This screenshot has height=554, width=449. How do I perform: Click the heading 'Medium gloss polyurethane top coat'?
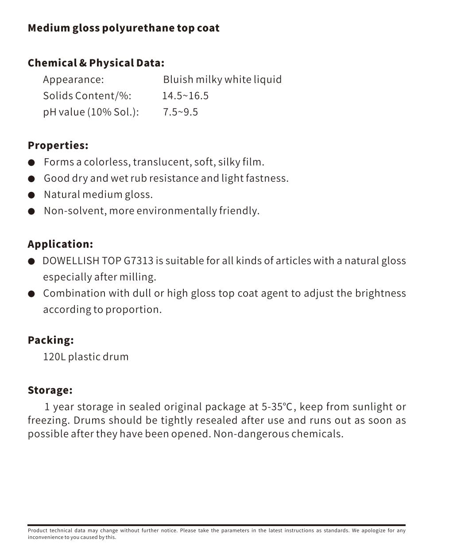click(x=123, y=28)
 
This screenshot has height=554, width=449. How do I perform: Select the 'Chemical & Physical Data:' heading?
click(x=96, y=63)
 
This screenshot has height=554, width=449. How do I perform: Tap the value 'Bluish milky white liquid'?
click(x=222, y=80)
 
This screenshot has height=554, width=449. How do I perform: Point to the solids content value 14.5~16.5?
click(x=185, y=96)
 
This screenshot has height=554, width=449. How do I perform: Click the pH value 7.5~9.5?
click(x=180, y=112)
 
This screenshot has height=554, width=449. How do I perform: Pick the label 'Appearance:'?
click(x=73, y=80)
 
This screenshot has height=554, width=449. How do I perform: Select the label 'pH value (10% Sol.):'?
click(x=91, y=112)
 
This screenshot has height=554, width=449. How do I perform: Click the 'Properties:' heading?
click(x=58, y=145)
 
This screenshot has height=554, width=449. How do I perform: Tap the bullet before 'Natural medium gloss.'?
click(x=31, y=195)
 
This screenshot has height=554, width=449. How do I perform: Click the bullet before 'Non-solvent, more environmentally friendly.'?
click(x=31, y=211)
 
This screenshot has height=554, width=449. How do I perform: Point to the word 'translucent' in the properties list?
click(x=162, y=162)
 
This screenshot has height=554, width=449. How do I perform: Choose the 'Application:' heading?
click(x=60, y=244)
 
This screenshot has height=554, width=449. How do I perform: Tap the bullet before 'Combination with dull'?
click(x=31, y=294)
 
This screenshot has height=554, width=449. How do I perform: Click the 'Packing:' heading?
click(x=50, y=340)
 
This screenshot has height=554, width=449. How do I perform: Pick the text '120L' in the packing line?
click(x=54, y=357)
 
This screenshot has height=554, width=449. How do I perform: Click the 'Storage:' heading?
click(x=50, y=390)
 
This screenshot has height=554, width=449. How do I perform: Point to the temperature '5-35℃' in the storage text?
click(x=277, y=407)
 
